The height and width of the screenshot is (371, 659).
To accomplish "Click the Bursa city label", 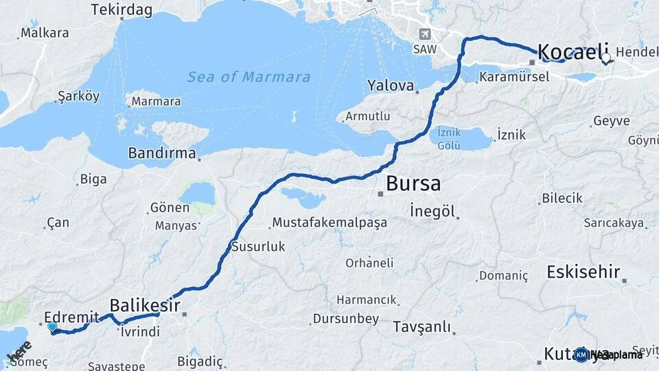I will click(x=413, y=184).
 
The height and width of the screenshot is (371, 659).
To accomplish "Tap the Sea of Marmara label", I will click(x=248, y=77).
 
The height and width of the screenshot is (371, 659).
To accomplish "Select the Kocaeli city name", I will click(x=573, y=51).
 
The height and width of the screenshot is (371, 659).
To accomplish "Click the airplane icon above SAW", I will click(x=425, y=34).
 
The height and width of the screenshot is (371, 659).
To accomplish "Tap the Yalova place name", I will click(x=391, y=86).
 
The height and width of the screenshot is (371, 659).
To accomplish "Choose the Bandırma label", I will click(x=162, y=153).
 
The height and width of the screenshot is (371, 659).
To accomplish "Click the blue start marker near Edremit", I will click(x=53, y=328).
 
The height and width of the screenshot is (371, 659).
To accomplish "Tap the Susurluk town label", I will click(x=258, y=246).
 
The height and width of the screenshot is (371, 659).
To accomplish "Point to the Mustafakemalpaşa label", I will click(x=329, y=223).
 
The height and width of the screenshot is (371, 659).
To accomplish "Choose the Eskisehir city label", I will click(x=583, y=271).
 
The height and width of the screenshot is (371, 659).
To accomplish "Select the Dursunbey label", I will click(x=345, y=318).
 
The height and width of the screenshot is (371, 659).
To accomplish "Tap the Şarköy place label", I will click(x=79, y=95).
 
